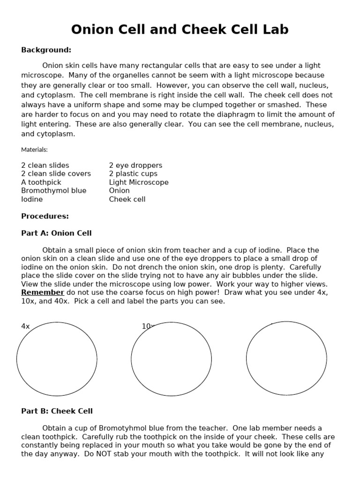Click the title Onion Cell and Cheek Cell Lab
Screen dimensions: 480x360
pos(180,30)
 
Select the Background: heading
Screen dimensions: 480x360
pos(46,50)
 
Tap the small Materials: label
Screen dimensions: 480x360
pos(34,150)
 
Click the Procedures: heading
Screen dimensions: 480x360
pos(45,216)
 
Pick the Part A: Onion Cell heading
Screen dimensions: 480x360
pos(56,233)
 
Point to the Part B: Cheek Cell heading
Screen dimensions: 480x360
pos(57,411)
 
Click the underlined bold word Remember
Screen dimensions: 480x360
pos(43,292)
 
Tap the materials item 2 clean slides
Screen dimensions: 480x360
pos(45,165)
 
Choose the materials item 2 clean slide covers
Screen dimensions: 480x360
pos(56,174)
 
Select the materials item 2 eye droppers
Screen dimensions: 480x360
pos(135,165)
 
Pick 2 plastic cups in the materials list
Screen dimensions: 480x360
pos(133,174)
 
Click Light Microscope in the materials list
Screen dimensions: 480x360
pos(139,182)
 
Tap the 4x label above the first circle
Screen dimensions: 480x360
pos(25,326)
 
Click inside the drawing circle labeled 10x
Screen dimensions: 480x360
pos(171,360)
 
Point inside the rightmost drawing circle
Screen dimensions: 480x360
pos(286,359)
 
